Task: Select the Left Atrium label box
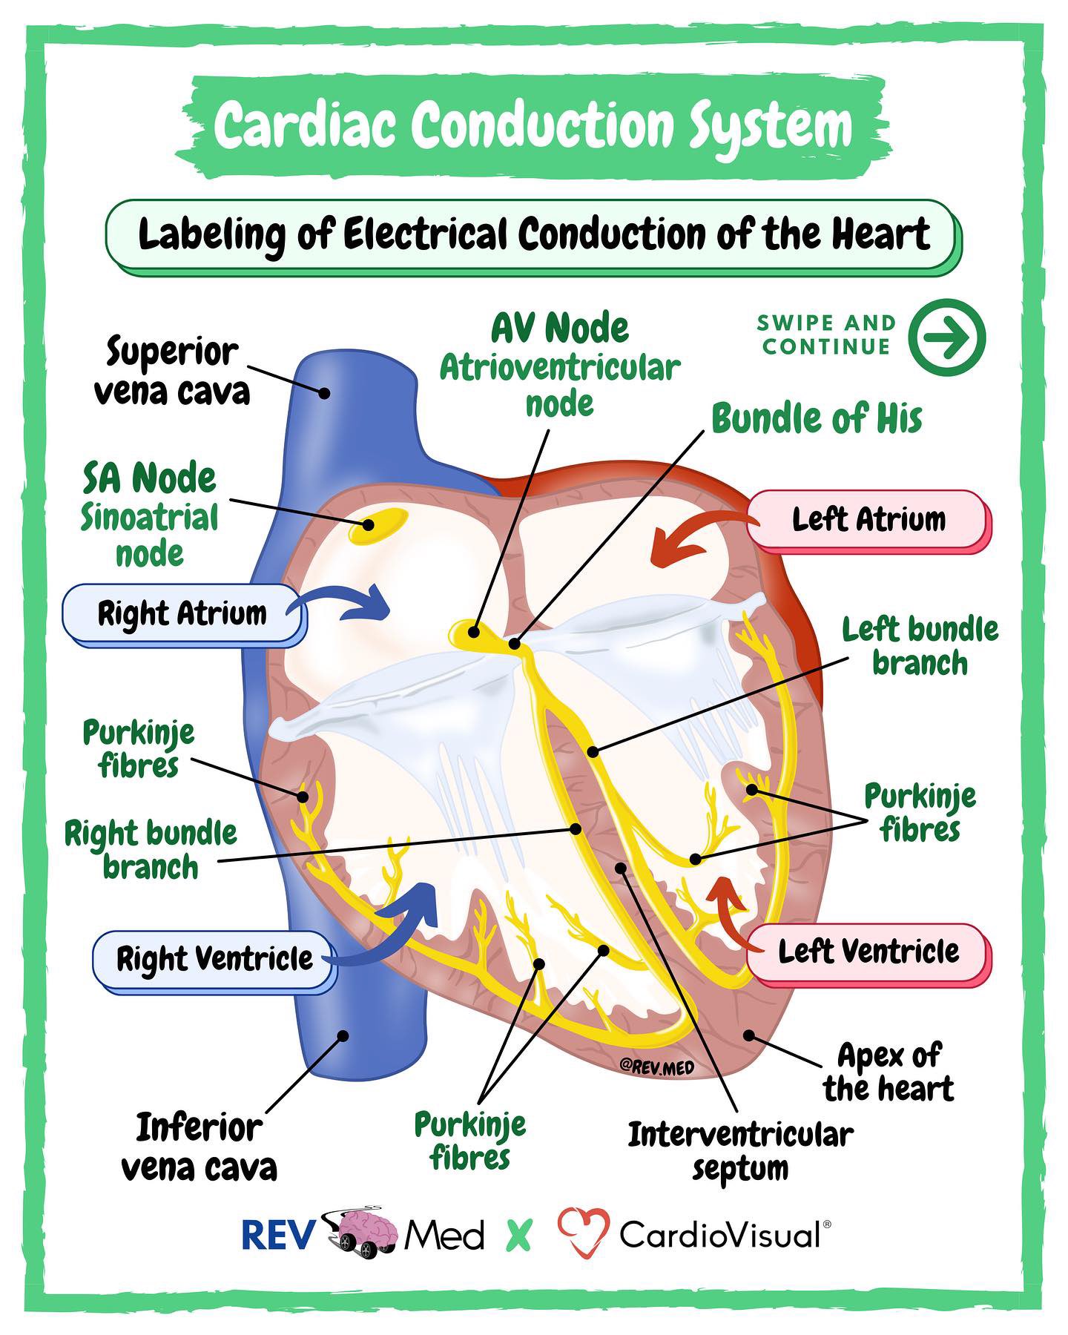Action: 868,519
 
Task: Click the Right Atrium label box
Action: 182,613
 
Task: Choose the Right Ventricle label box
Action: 214,958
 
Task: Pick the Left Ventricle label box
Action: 868,952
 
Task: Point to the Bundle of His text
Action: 817,419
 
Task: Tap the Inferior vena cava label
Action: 199,1148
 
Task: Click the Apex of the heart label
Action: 889,1072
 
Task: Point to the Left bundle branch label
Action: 920,646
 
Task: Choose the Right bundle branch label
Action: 151,850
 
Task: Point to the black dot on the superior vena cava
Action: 324,392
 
